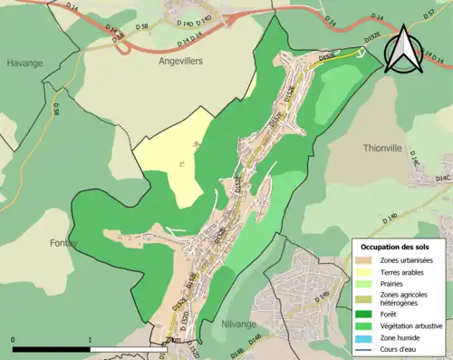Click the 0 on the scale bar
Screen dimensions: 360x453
pyautogui.click(x=13, y=340)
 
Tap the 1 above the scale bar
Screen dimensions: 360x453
pyautogui.click(x=91, y=340)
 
